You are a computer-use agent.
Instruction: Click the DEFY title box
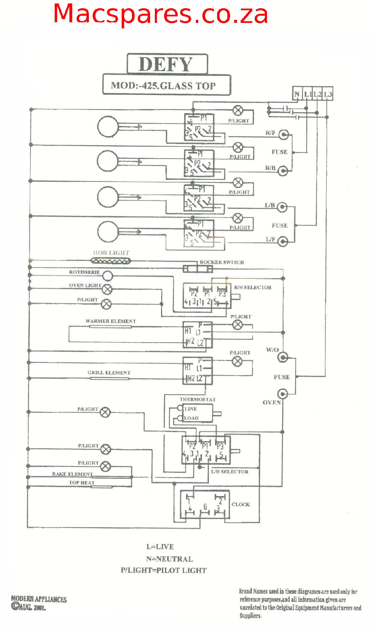pos(167,64)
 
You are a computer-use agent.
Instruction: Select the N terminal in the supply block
pos(297,94)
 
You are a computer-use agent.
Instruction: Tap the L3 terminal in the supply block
pos(328,94)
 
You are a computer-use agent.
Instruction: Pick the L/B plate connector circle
pos(282,207)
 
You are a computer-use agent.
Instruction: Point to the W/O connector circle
pos(282,357)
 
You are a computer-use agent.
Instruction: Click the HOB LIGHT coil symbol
pos(111,261)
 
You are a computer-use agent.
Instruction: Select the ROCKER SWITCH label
pos(222,262)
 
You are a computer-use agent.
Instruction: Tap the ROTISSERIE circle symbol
pos(108,276)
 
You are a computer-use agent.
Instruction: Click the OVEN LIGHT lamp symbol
pos(107,289)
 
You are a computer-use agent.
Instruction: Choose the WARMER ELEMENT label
pos(110,321)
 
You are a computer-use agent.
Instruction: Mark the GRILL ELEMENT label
pos(109,373)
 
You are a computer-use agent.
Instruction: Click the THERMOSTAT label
pos(198,399)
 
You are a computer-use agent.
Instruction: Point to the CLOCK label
pos(241,504)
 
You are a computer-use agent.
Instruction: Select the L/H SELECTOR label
pos(230,471)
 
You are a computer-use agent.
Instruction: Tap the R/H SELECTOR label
pos(253,288)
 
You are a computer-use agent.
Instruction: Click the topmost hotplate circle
pos(108,126)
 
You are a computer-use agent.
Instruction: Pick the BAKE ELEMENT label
pos(72,474)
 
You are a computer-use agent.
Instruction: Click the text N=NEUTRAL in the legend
pos(170,559)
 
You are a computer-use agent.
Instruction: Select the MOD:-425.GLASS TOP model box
pos(166,85)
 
